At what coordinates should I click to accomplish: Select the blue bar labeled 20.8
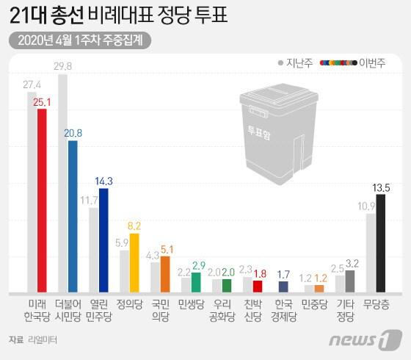point(73,216)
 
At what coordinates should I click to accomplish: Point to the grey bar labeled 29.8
point(63,183)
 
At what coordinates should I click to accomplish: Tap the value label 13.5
point(381,187)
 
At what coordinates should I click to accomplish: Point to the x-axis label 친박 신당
point(253,309)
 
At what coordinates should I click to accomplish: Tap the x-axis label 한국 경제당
point(284,309)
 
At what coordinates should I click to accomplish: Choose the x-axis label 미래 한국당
point(37,309)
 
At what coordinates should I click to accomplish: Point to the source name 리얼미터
point(42,339)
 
